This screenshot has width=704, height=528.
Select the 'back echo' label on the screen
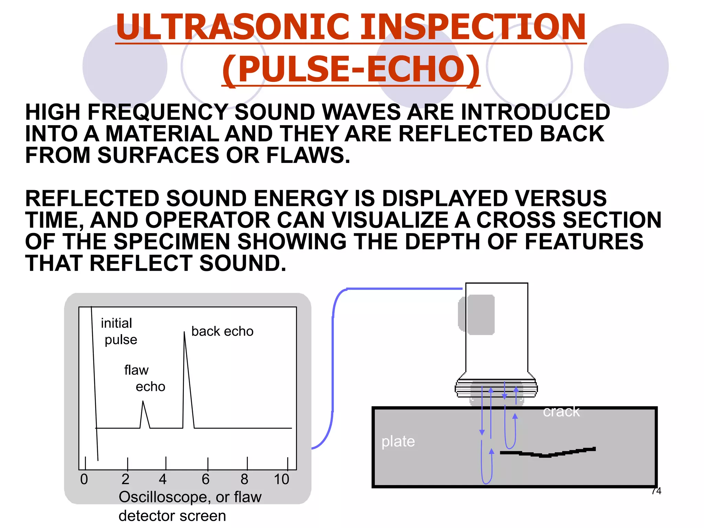click(x=222, y=331)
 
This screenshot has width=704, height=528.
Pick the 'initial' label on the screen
click(x=116, y=323)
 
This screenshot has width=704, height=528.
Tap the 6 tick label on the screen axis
click(x=206, y=479)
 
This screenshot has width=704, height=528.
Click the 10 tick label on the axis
click(x=281, y=479)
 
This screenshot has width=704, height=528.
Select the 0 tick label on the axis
click(x=84, y=479)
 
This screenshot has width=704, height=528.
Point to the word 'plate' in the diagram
click(x=398, y=441)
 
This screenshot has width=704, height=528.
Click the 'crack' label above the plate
click(x=561, y=411)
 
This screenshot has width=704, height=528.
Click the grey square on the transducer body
click(x=480, y=315)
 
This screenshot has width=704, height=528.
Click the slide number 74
click(x=656, y=491)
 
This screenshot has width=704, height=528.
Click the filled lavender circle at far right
click(x=626, y=66)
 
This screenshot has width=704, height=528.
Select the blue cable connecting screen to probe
click(x=333, y=361)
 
